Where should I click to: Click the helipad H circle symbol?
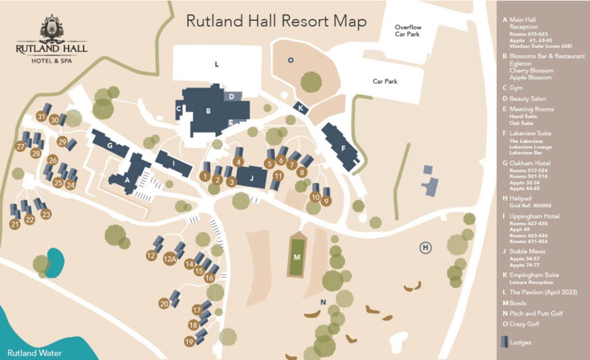[425, 248]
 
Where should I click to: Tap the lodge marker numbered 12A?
[170, 259]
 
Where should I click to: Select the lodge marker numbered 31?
[41, 116]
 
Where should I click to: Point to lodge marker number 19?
[189, 342]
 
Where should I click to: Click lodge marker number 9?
[326, 201]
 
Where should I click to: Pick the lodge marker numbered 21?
[15, 224]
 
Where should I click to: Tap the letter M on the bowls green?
[297, 257]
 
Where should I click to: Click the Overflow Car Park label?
[408, 31]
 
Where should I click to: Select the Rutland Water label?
[34, 353]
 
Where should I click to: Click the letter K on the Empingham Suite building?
[300, 108]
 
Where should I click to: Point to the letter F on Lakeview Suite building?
[343, 148]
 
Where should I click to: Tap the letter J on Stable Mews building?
[252, 178]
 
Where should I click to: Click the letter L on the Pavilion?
[216, 64]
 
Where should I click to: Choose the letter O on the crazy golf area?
[290, 60]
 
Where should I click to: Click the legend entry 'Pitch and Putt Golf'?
[536, 314]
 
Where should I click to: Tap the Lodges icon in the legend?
[504, 342]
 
